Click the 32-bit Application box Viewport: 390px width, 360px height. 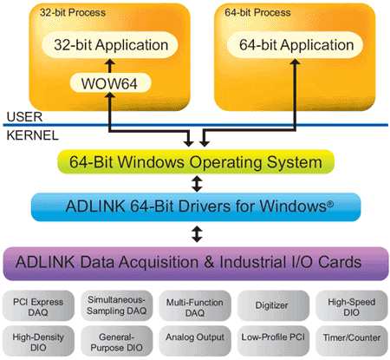(x=110, y=45)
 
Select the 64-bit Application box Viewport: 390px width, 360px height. (x=295, y=45)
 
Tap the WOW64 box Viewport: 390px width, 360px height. (x=110, y=83)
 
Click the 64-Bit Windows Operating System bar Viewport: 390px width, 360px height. (x=196, y=162)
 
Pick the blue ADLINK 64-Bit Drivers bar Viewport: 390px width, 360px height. (x=196, y=206)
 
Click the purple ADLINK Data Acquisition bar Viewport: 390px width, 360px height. (x=196, y=264)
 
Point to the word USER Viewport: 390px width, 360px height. (x=24, y=117)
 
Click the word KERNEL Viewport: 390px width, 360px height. (x=32, y=135)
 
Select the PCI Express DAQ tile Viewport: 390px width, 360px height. (x=38, y=306)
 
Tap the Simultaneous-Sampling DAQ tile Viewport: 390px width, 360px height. (x=116, y=306)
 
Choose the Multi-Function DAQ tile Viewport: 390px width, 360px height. (x=195, y=306)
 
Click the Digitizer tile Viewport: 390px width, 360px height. (x=273, y=306)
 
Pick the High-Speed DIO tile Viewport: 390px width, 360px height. (x=352, y=306)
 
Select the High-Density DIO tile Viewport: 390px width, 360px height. (x=38, y=341)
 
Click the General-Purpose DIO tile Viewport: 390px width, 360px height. (x=116, y=341)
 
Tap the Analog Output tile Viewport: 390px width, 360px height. (x=195, y=341)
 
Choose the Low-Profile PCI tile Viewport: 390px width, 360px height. (x=273, y=341)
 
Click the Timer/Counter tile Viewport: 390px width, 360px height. (x=352, y=341)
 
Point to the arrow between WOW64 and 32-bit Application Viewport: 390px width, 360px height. (x=110, y=66)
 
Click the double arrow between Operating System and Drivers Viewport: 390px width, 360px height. (x=197, y=184)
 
